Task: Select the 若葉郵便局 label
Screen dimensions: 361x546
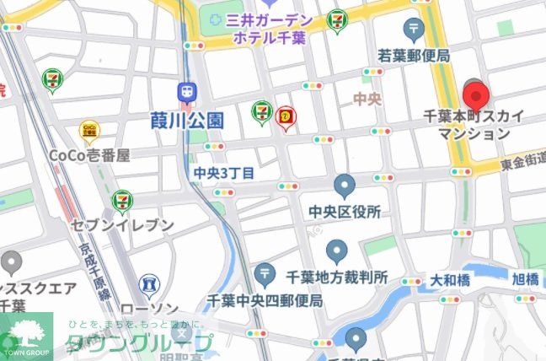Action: click(414, 56)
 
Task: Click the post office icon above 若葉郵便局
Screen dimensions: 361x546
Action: click(413, 30)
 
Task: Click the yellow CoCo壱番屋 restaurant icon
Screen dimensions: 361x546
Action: click(88, 130)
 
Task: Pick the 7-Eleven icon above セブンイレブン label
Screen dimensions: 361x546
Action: click(123, 201)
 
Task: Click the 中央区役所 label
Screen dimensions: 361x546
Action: click(345, 212)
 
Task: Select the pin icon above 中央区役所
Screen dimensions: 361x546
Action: click(344, 186)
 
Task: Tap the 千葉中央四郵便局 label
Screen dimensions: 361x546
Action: click(266, 299)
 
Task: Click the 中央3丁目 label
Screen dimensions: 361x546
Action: click(223, 173)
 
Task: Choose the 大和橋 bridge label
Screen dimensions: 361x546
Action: click(451, 278)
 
